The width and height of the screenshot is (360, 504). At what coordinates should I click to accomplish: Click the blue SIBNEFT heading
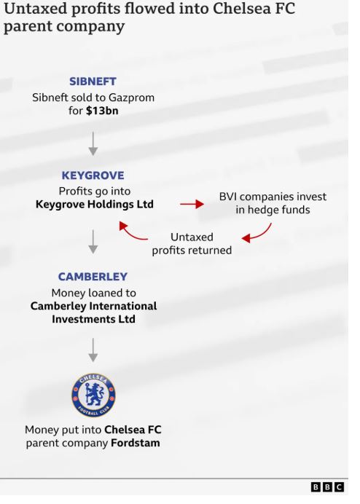pyautogui.click(x=93, y=82)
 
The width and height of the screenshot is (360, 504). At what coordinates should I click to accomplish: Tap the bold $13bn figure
pyautogui.click(x=102, y=111)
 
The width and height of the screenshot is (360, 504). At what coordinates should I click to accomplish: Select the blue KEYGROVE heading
pyautogui.click(x=93, y=176)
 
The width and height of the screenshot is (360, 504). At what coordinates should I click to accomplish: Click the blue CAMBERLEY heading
pyautogui.click(x=93, y=277)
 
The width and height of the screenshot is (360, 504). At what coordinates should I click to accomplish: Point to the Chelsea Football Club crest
pyautogui.click(x=93, y=395)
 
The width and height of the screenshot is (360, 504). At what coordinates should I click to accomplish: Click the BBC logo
pyautogui.click(x=327, y=487)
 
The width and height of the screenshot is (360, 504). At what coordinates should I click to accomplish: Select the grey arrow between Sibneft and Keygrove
pyautogui.click(x=93, y=143)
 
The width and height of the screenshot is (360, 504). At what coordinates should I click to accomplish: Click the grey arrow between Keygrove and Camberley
pyautogui.click(x=93, y=242)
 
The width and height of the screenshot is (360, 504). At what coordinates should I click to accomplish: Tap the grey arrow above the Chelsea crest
pyautogui.click(x=93, y=350)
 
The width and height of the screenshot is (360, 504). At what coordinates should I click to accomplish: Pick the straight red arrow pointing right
pyautogui.click(x=192, y=204)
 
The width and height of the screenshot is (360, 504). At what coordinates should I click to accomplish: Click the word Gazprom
pyautogui.click(x=131, y=98)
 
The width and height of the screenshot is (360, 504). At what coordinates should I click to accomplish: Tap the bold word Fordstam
pyautogui.click(x=135, y=443)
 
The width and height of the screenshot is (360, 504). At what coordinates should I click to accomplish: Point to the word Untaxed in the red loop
pyautogui.click(x=192, y=237)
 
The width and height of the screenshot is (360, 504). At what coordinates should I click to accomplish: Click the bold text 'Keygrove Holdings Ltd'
pyautogui.click(x=95, y=205)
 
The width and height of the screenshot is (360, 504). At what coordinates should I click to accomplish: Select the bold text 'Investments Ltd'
pyautogui.click(x=93, y=319)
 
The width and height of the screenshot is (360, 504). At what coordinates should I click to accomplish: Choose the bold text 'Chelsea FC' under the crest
pyautogui.click(x=133, y=430)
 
